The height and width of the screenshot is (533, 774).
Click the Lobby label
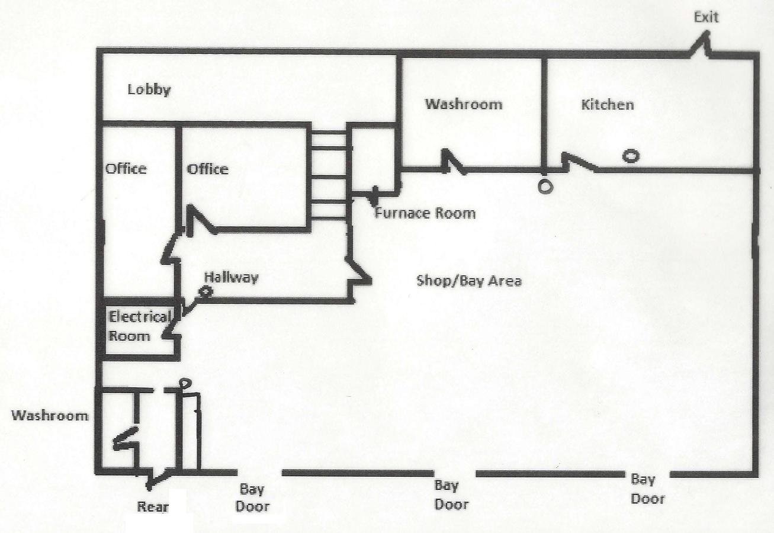coord(149,90)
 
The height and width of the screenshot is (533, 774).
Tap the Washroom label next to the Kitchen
coord(464,104)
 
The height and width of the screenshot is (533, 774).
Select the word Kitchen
coord(608,105)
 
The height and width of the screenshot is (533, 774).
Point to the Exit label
coord(706,17)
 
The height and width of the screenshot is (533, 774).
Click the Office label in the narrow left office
coord(126,169)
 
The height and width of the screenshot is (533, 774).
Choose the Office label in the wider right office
coord(208,169)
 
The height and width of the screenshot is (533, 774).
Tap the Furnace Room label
coord(425,213)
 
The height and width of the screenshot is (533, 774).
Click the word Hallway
coord(232,277)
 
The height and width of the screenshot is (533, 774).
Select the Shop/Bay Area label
coord(470,280)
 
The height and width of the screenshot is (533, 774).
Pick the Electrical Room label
coord(139,326)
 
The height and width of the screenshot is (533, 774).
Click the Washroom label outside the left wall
coord(50,415)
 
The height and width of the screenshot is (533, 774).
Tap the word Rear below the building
coord(153,507)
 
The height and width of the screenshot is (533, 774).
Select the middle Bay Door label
coord(451,495)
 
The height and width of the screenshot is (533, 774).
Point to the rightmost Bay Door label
coord(647,489)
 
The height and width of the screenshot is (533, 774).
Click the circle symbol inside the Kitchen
coord(631,156)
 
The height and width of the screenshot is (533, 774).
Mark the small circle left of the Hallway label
coord(205,291)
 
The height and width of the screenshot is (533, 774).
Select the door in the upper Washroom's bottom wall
coord(452,163)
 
